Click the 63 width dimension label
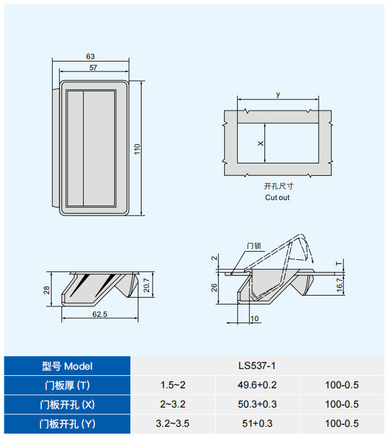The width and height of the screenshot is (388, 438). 90,57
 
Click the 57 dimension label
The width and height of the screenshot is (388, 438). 93,68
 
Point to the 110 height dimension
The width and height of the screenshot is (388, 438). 137,149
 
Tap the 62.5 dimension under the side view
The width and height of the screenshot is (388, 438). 100,314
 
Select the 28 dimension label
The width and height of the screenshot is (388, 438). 47,290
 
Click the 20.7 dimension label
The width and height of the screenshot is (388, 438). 147,285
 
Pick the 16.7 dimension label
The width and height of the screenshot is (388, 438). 339,285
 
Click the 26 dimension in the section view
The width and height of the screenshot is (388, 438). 214,288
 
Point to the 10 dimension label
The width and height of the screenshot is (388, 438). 255,319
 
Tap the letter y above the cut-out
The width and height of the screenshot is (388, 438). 278,94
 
